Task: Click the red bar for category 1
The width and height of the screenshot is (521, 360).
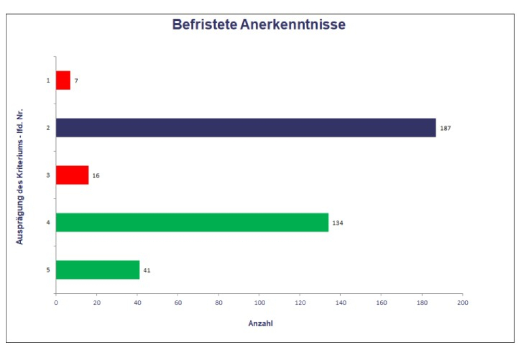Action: (63, 80)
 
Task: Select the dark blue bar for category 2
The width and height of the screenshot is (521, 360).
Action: (245, 128)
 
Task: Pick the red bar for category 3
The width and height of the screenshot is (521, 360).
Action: (72, 175)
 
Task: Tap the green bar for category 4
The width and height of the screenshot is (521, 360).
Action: (192, 222)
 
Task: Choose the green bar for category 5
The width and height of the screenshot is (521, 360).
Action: (97, 270)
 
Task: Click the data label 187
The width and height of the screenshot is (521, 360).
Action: (445, 128)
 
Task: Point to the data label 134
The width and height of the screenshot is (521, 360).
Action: (338, 223)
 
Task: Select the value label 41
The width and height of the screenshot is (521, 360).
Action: (146, 270)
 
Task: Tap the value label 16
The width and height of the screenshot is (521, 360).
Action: (96, 176)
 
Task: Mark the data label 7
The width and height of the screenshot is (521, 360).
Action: (76, 81)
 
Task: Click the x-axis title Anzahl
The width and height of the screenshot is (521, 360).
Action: (260, 324)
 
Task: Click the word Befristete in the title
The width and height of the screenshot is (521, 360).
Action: (204, 24)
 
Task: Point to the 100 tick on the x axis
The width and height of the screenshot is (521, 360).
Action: (259, 302)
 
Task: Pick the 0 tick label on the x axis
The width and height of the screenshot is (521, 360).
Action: (56, 302)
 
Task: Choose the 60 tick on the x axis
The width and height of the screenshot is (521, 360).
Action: (178, 302)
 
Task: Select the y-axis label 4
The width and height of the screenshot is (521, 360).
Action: (48, 222)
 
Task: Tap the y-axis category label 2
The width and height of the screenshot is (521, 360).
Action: (48, 128)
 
